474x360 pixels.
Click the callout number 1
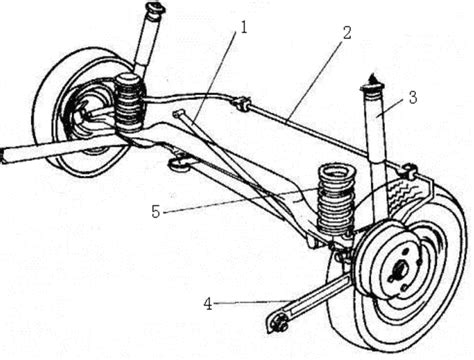(244, 27)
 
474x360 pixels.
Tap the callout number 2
(347, 33)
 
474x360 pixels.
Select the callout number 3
(413, 98)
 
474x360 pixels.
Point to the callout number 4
(208, 304)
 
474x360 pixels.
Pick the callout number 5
(156, 212)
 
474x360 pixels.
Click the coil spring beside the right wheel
(336, 200)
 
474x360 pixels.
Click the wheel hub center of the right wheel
(400, 268)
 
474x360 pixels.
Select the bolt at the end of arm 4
(279, 324)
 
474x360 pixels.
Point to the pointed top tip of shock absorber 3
(372, 77)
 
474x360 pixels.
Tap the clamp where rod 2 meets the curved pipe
(242, 103)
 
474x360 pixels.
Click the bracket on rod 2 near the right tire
(408, 170)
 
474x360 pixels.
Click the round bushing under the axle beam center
(177, 164)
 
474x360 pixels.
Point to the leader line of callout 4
(251, 302)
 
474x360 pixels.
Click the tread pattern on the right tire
(406, 193)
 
